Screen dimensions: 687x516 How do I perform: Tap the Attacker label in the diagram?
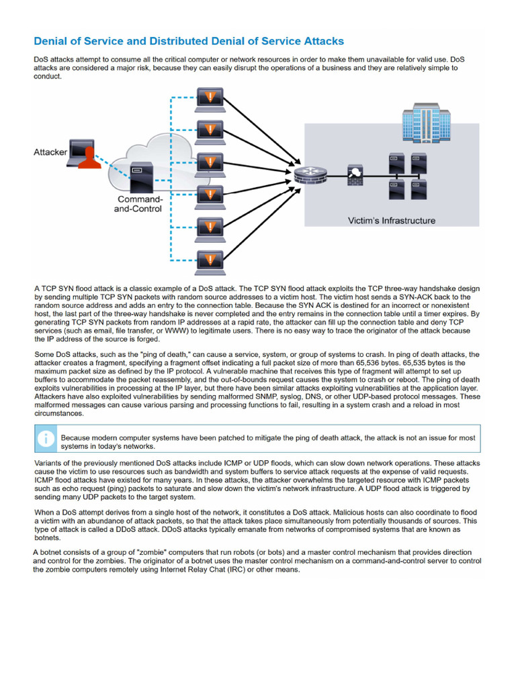[50, 152]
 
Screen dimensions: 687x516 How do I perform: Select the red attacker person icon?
[89, 156]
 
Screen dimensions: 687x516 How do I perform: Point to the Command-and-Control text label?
[140, 204]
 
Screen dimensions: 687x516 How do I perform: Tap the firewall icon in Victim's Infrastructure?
[355, 176]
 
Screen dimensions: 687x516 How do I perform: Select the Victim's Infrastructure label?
[391, 220]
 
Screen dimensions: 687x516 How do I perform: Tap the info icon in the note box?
[46, 438]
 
